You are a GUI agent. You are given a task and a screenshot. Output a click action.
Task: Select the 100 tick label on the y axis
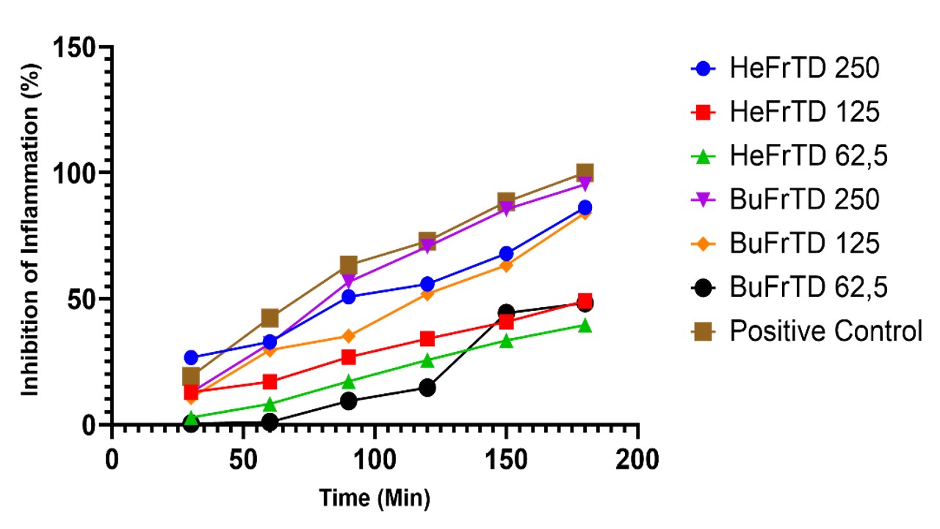click(76, 174)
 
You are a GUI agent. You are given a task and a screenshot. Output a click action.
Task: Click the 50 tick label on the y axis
click(83, 300)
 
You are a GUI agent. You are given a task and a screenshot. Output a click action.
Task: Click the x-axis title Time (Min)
click(375, 499)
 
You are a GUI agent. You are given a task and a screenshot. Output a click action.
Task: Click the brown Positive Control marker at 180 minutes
click(585, 173)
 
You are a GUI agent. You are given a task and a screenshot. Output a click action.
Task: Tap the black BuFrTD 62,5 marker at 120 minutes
click(427, 387)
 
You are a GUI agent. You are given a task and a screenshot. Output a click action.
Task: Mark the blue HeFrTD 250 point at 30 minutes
click(191, 358)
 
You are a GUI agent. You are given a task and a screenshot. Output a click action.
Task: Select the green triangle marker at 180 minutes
click(585, 325)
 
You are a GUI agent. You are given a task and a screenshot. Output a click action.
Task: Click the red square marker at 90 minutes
click(348, 357)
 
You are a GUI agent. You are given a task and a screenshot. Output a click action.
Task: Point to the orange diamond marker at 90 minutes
click(348, 336)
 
